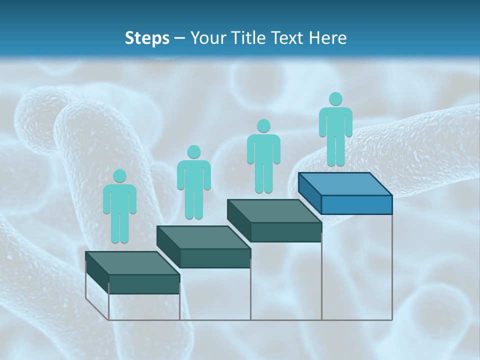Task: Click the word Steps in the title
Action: click(147, 38)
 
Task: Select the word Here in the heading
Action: click(328, 38)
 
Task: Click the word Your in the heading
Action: click(209, 38)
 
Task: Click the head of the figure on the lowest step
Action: click(119, 176)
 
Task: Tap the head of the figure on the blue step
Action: click(335, 99)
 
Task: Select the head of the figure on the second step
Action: click(193, 152)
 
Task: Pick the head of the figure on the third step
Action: click(263, 126)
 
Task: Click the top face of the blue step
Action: click(345, 184)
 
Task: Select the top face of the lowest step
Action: click(132, 263)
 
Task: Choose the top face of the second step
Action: click(203, 237)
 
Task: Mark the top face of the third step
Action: click(274, 211)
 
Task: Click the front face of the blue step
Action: click(356, 204)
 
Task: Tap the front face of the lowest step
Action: click(144, 284)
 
